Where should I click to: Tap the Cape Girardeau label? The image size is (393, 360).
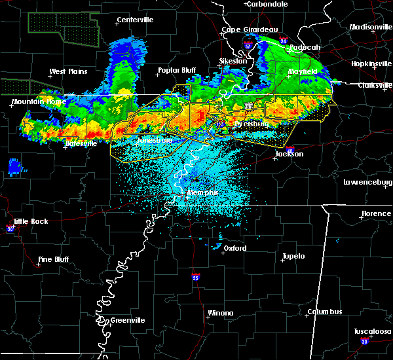click(x=250, y=29)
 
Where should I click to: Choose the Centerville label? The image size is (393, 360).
click(x=137, y=20)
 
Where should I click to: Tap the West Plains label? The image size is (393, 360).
click(x=68, y=71)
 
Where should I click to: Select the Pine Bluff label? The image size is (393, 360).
click(x=54, y=259)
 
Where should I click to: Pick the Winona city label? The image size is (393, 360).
click(x=220, y=313)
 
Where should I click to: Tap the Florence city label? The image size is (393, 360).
click(x=376, y=214)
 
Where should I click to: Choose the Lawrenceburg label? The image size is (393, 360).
click(x=367, y=182)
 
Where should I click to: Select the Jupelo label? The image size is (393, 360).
click(x=293, y=256)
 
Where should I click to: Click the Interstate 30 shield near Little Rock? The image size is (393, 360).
click(x=10, y=228)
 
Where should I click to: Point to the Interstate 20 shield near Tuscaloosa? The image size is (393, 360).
click(x=364, y=342)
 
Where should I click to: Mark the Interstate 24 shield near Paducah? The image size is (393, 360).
click(x=284, y=41)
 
